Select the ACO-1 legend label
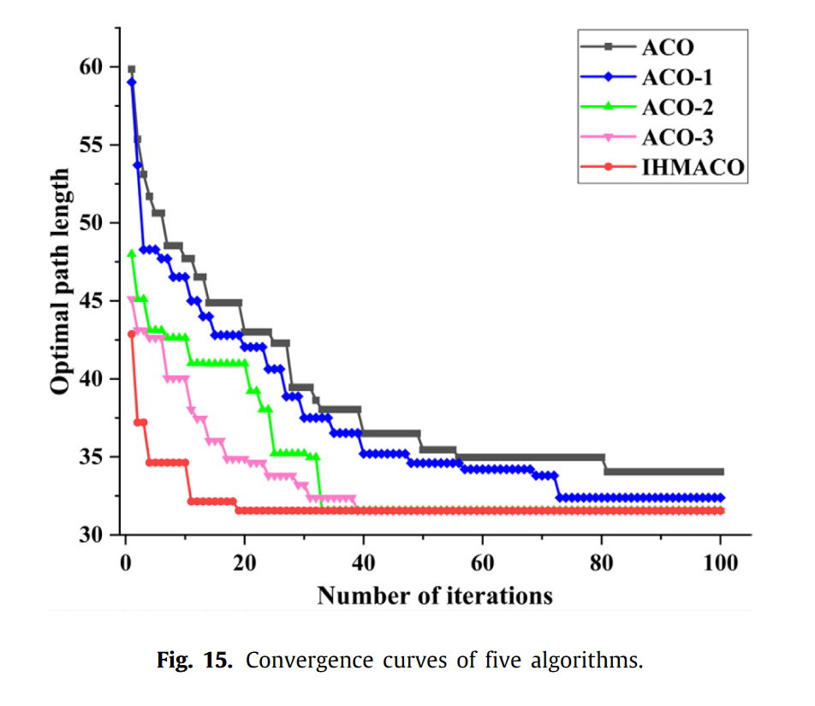tap(676, 76)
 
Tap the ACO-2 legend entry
tap(676, 107)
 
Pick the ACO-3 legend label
tap(676, 138)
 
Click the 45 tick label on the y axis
tap(91, 301)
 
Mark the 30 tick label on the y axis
tap(91, 535)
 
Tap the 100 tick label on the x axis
tap(720, 564)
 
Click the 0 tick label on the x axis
tap(126, 564)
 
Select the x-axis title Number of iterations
tap(435, 596)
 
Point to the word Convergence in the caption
tap(300, 661)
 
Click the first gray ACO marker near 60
tap(131, 69)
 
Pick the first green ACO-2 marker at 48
tap(131, 253)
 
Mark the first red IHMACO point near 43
tap(131, 335)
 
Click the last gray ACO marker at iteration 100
tap(720, 472)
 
